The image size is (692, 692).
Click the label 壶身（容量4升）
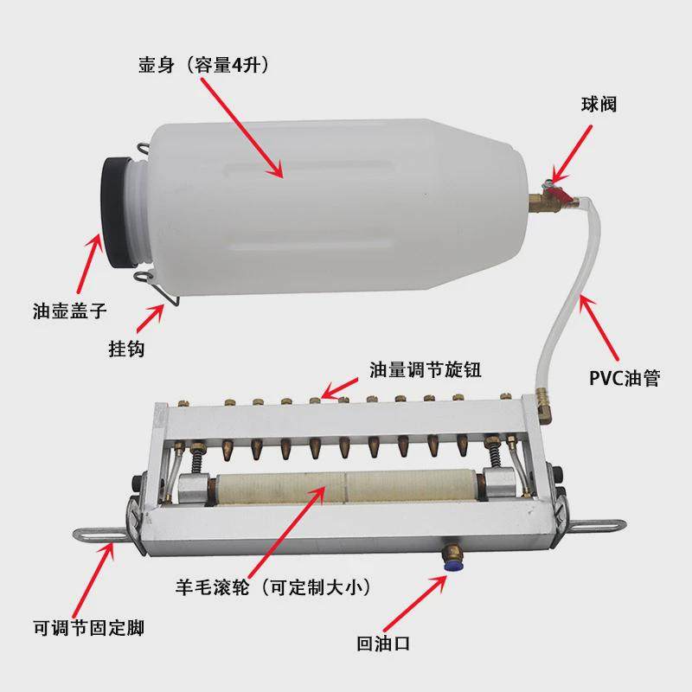click(209, 64)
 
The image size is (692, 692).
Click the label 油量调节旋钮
click(425, 369)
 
